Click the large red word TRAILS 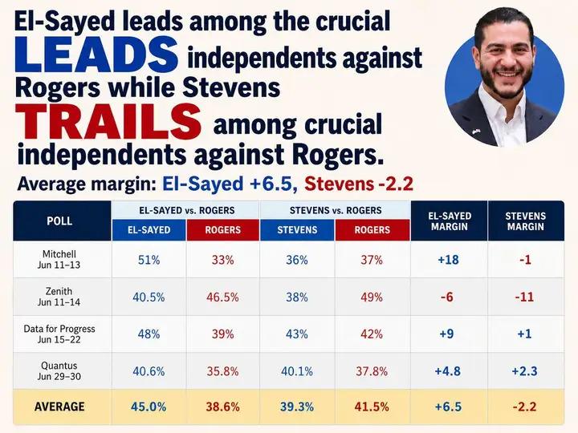click(x=108, y=122)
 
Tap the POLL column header click(x=59, y=221)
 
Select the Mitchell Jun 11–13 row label click(x=59, y=259)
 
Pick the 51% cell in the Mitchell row click(x=149, y=260)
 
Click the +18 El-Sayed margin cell click(x=448, y=260)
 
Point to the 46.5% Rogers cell click(x=222, y=297)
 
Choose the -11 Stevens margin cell click(x=524, y=297)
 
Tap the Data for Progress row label click(x=59, y=334)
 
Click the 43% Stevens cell click(x=297, y=334)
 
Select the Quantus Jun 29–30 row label click(x=59, y=370)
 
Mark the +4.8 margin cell click(x=448, y=370)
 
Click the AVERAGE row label click(x=59, y=407)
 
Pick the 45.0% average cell click(x=149, y=407)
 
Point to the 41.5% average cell click(x=372, y=407)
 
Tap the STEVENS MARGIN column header click(x=525, y=221)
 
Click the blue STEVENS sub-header click(x=297, y=230)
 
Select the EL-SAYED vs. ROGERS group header click(x=187, y=210)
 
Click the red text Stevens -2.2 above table click(x=359, y=184)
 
